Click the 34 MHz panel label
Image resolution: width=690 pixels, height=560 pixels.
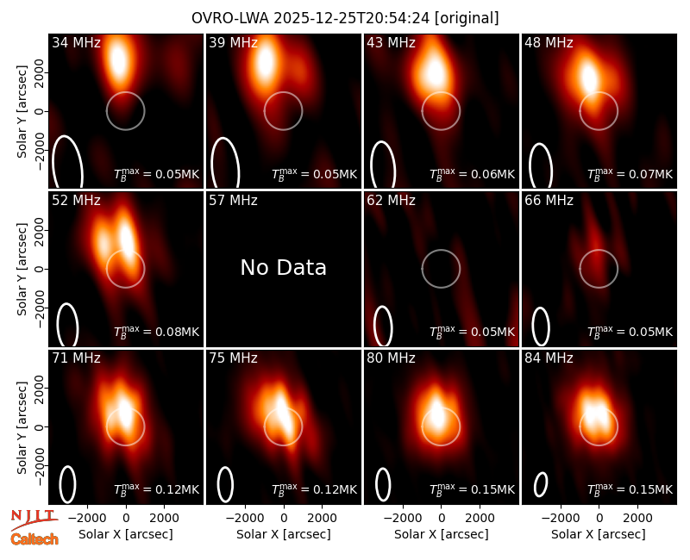(76, 42)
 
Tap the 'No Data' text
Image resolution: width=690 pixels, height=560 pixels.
(284, 267)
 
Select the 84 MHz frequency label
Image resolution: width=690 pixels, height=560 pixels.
(549, 358)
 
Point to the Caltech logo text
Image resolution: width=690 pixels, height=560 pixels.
(34, 539)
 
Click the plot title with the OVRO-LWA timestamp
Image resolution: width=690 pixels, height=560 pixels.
(345, 18)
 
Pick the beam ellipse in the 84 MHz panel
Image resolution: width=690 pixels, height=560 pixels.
(541, 485)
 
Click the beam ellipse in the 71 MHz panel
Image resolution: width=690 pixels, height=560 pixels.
(60, 484)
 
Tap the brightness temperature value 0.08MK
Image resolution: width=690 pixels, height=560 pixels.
(178, 332)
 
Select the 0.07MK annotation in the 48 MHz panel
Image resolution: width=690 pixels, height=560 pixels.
(651, 174)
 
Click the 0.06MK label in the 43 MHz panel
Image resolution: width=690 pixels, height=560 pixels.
(492, 174)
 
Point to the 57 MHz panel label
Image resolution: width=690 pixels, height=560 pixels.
(233, 201)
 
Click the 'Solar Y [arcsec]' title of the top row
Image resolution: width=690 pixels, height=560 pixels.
(22, 112)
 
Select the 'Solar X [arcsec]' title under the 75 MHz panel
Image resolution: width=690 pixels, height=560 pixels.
(284, 534)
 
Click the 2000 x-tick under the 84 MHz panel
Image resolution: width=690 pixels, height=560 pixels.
(637, 519)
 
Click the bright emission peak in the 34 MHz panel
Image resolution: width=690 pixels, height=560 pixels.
(118, 60)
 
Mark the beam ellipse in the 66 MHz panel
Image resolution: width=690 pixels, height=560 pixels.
(533, 327)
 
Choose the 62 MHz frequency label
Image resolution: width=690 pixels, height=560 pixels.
(392, 201)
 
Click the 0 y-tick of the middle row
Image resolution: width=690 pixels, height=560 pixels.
(40, 269)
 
